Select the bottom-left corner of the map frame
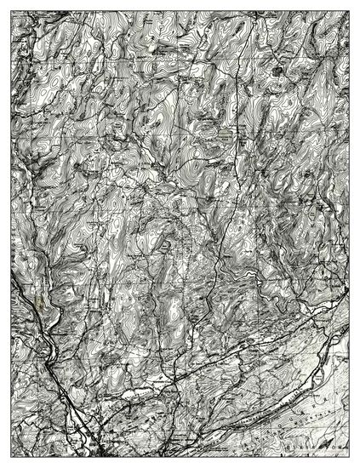[x=11, y=457]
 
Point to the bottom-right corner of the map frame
[x=349, y=457]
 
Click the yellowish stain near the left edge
[x=37, y=300]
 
